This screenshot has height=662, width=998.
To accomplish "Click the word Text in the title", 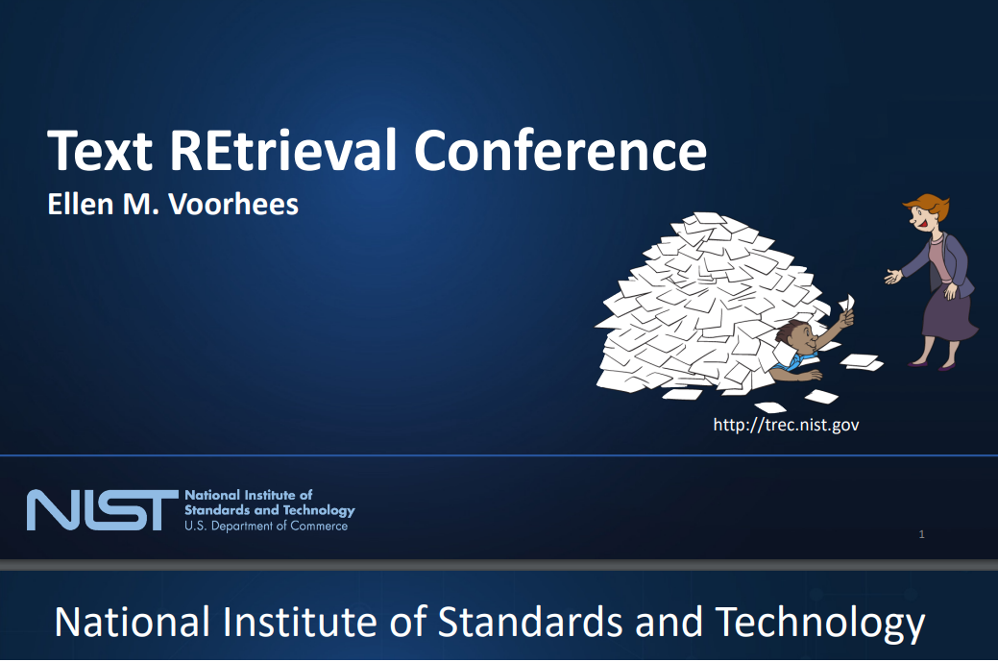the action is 100,150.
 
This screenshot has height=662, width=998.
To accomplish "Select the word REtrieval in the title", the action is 283,150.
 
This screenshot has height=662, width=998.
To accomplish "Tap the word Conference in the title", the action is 561,150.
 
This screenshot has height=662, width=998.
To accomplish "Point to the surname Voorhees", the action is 233,205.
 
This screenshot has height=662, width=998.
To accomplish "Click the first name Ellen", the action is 81,205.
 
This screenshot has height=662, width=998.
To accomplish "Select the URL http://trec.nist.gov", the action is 786,426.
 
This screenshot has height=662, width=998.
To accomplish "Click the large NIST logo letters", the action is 103,510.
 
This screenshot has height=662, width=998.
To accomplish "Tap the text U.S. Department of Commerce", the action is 266,527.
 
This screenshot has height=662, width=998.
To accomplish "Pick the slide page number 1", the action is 921,534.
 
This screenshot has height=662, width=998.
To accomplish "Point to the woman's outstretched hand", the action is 893,277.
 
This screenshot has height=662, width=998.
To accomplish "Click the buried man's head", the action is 795,336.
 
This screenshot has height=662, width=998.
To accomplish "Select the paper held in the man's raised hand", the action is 848,303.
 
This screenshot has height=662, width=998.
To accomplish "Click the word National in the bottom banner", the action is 133,622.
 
